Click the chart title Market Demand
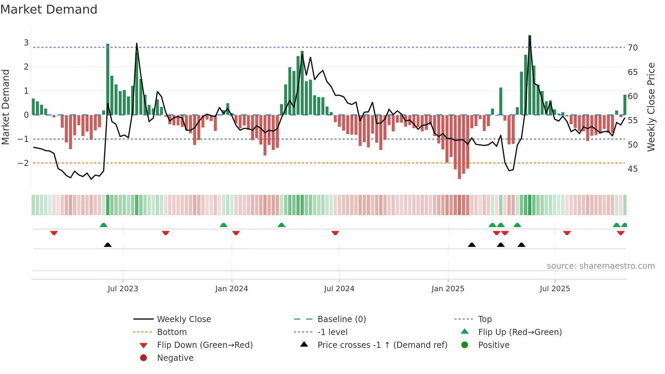[x=49, y=10]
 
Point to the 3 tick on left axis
[x=26, y=43]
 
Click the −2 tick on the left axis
[x=23, y=163]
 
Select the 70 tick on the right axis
[x=633, y=48]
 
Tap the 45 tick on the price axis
[x=633, y=169]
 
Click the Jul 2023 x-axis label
[x=123, y=289]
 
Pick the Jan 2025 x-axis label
[x=448, y=289]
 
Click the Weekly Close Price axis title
[x=651, y=107]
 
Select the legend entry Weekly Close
[x=184, y=319]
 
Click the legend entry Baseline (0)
[x=342, y=319]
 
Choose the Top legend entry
[x=485, y=319]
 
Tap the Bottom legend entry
[x=172, y=332]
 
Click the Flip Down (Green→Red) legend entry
[x=205, y=345]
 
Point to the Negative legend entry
[x=175, y=358]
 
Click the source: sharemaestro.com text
[x=601, y=266]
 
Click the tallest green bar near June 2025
[x=530, y=75]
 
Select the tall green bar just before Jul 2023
[x=108, y=80]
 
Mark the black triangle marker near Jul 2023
[x=108, y=245]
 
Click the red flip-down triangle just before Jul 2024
[x=335, y=233]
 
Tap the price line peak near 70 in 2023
[x=137, y=44]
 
